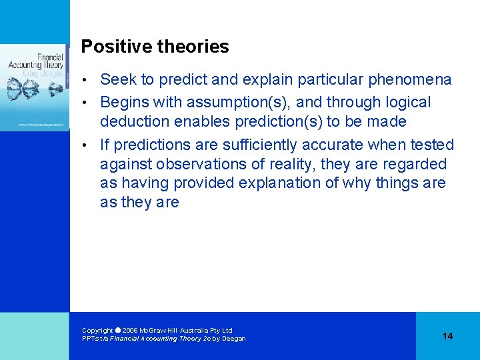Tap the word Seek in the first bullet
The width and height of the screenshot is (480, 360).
click(117, 80)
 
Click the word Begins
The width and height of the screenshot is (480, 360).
click(125, 102)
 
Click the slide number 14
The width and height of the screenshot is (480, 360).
click(447, 336)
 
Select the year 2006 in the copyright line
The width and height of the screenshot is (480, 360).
click(130, 331)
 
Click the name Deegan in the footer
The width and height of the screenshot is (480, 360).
click(233, 339)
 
